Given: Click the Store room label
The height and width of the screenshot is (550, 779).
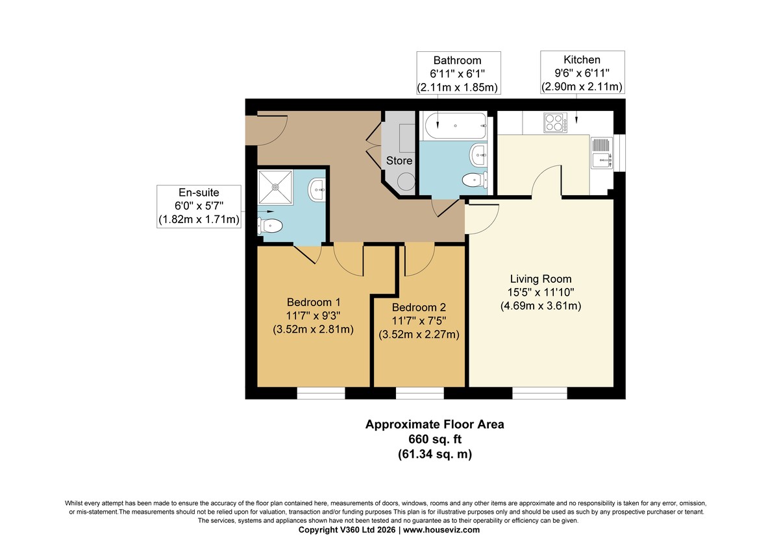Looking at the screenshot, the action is pos(399,160).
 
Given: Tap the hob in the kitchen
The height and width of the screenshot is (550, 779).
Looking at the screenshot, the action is pos(555,123).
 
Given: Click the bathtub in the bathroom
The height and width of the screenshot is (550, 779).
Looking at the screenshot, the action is pos(455,126).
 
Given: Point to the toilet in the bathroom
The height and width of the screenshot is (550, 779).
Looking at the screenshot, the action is pos(475,180).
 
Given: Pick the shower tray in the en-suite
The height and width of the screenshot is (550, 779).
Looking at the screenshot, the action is pos(275,187).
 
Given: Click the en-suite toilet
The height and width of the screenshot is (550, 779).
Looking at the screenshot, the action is pos(270,226).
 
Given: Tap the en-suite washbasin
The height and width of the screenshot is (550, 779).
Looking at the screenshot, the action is pos(317,189).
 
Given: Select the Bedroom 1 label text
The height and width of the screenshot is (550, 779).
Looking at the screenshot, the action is pos(314,302).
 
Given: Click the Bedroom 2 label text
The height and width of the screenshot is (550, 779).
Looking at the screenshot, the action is pos(419,307).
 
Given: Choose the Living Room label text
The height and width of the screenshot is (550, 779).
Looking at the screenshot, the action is pos(541,279).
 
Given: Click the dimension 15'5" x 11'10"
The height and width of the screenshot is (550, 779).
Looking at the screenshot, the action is pos(541,293).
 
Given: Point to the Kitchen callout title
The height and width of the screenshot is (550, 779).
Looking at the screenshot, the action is pos(582,60).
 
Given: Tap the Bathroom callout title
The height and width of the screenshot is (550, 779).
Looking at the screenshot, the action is pos(457,60).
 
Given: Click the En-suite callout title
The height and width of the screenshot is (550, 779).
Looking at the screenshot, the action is pos(199,193).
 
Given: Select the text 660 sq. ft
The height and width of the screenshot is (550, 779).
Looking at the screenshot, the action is pos(435,439).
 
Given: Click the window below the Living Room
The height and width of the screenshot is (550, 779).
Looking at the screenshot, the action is pos(539,393).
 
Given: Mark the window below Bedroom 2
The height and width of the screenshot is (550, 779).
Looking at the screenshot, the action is pos(420,393).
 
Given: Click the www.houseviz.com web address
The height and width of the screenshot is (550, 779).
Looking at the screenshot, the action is pos(441,530).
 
